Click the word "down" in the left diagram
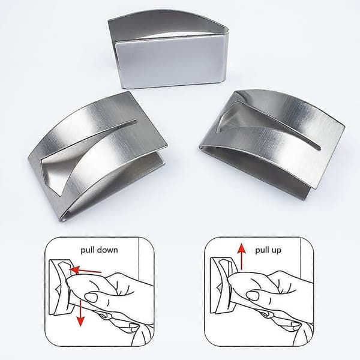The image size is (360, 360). coord(106,250)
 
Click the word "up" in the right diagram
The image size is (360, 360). coord(276,251)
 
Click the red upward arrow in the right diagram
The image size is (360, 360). coord(241,257)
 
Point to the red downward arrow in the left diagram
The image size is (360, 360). coord(80,313)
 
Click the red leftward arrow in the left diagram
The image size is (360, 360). coord(85,270)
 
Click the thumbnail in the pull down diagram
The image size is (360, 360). coord(91,298)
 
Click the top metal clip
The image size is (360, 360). coord(169,49)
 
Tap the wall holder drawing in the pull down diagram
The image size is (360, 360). coord(59,287)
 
